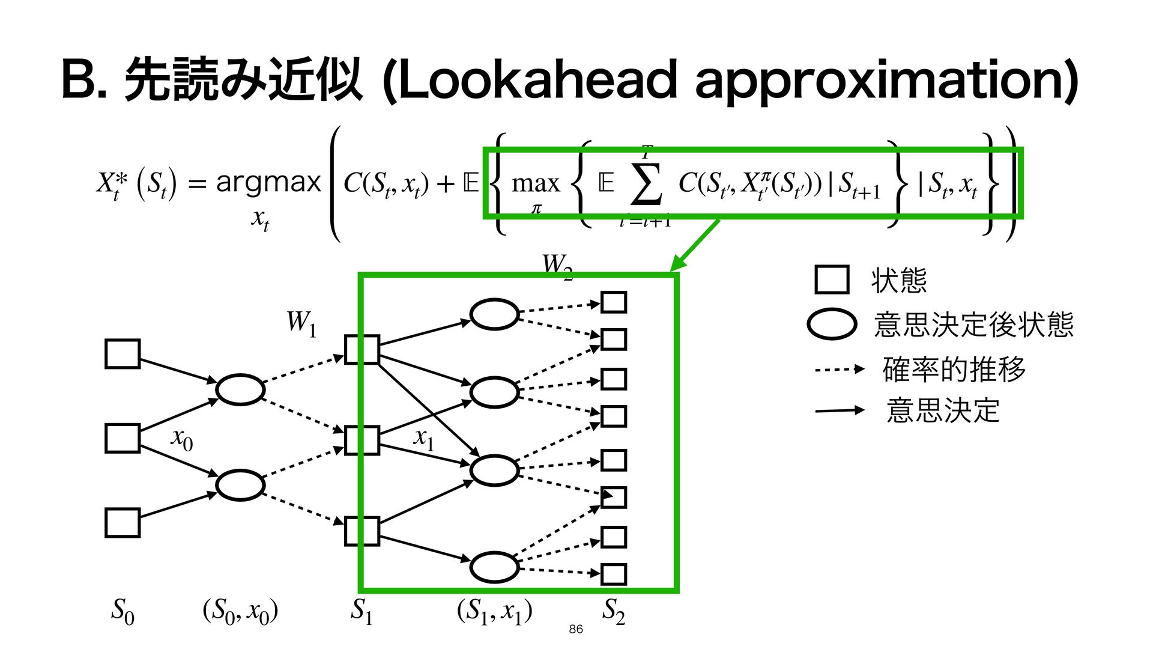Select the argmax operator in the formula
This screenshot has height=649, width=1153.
[x=268, y=182]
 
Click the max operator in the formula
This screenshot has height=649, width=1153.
[x=535, y=183]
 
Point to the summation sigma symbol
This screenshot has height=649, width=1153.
[x=646, y=184]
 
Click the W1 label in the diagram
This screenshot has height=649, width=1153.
[x=301, y=323]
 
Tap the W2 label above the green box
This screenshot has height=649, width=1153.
[x=557, y=266]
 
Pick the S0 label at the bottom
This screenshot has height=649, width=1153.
[x=123, y=611]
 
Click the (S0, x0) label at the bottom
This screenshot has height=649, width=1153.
[x=240, y=612]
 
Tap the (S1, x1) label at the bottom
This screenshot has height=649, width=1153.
[x=494, y=612]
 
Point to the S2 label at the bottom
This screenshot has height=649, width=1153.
[x=613, y=611]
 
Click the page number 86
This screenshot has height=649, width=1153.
[x=575, y=629]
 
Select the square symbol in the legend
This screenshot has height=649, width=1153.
[x=832, y=279]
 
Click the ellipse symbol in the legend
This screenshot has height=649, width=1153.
[x=832, y=324]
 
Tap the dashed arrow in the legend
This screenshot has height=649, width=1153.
[x=839, y=369]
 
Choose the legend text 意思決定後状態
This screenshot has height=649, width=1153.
[x=973, y=324]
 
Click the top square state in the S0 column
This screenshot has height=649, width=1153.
[x=123, y=353]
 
